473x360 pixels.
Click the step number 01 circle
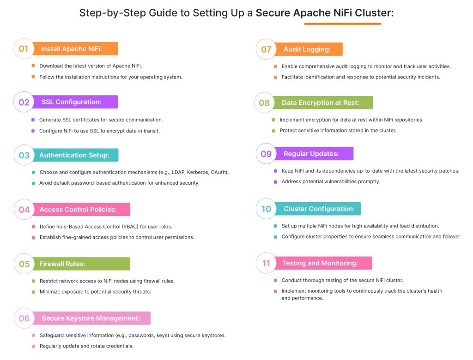(x=24, y=48)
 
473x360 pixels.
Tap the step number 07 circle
(x=267, y=49)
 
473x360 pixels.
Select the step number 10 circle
(x=267, y=209)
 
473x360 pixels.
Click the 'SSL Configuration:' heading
(x=72, y=102)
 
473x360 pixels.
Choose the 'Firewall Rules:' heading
(x=62, y=264)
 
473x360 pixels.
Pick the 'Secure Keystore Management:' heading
(x=91, y=318)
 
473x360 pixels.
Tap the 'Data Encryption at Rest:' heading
(x=320, y=102)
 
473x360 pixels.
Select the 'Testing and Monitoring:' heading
(x=320, y=263)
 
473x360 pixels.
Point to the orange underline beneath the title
(x=343, y=24)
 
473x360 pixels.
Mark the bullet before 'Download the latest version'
(x=33, y=66)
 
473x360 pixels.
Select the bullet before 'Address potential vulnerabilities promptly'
(x=275, y=181)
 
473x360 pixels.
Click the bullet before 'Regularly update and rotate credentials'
(x=33, y=346)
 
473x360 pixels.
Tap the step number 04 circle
(x=24, y=210)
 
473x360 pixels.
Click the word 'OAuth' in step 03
(x=219, y=172)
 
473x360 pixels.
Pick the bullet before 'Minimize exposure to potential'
(x=33, y=292)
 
